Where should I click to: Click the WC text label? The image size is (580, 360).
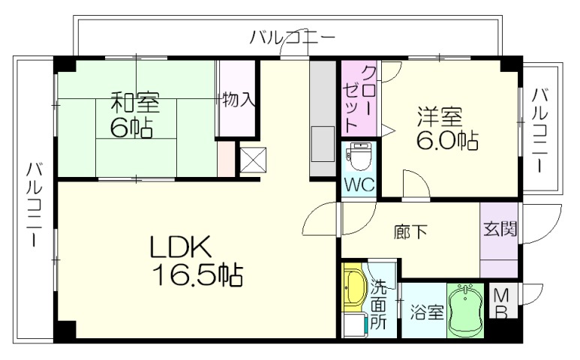(359, 184)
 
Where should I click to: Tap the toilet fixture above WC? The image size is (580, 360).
(359, 157)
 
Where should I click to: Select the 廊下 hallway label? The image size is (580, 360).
(410, 231)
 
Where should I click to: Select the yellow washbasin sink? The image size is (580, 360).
(354, 289)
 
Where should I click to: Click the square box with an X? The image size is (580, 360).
(250, 160)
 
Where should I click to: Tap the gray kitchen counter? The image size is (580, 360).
(323, 120)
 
